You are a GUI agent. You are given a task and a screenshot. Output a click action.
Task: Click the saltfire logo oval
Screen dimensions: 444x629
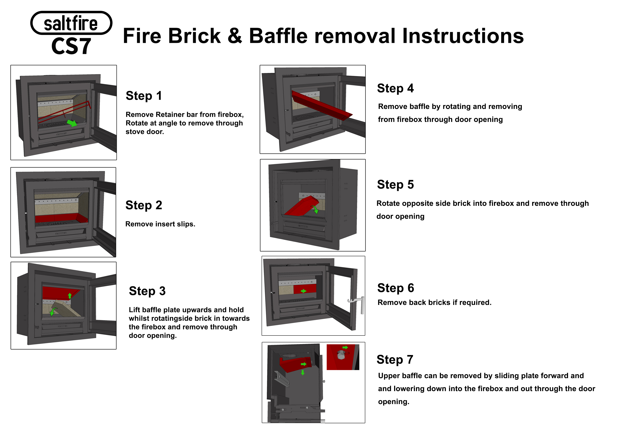(x=71, y=23)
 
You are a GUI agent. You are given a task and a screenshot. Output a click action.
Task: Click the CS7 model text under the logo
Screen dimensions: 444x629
(x=71, y=46)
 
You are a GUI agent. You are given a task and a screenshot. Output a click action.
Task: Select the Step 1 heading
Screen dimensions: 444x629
(x=144, y=96)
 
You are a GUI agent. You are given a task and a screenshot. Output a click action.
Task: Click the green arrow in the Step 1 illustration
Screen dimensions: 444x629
(x=72, y=123)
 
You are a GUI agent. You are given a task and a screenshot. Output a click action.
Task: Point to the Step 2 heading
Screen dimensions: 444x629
(x=144, y=205)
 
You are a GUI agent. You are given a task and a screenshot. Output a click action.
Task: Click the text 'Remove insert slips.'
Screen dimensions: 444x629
(x=160, y=224)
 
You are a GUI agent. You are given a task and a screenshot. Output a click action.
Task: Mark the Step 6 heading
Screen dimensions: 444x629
(x=396, y=288)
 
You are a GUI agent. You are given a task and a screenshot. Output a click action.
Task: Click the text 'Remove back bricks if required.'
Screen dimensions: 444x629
(x=434, y=303)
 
